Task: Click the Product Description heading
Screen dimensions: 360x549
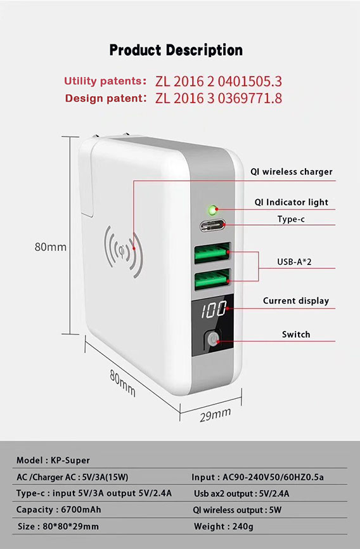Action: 176,50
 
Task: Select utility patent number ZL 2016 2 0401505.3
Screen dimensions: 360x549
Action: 219,81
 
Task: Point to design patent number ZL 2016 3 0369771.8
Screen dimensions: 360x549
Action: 219,98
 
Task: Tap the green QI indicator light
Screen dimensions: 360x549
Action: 212,210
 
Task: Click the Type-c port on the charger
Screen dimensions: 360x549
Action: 212,226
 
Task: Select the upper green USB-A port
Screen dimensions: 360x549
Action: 212,253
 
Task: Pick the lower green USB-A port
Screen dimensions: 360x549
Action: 212,279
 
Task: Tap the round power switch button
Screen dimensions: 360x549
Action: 212,339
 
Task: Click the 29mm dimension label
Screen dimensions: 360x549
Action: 215,415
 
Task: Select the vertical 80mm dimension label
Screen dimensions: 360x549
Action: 51,247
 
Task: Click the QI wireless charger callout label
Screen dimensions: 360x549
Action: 292,172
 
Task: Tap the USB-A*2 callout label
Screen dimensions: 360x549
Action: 294,262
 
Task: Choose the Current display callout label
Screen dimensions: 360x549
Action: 296,300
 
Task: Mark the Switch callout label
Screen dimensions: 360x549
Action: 296,334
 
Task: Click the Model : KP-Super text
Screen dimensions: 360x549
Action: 53,460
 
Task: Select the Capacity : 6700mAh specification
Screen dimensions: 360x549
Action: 58,510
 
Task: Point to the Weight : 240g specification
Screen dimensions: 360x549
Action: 224,526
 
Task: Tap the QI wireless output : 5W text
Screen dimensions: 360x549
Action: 237,510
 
